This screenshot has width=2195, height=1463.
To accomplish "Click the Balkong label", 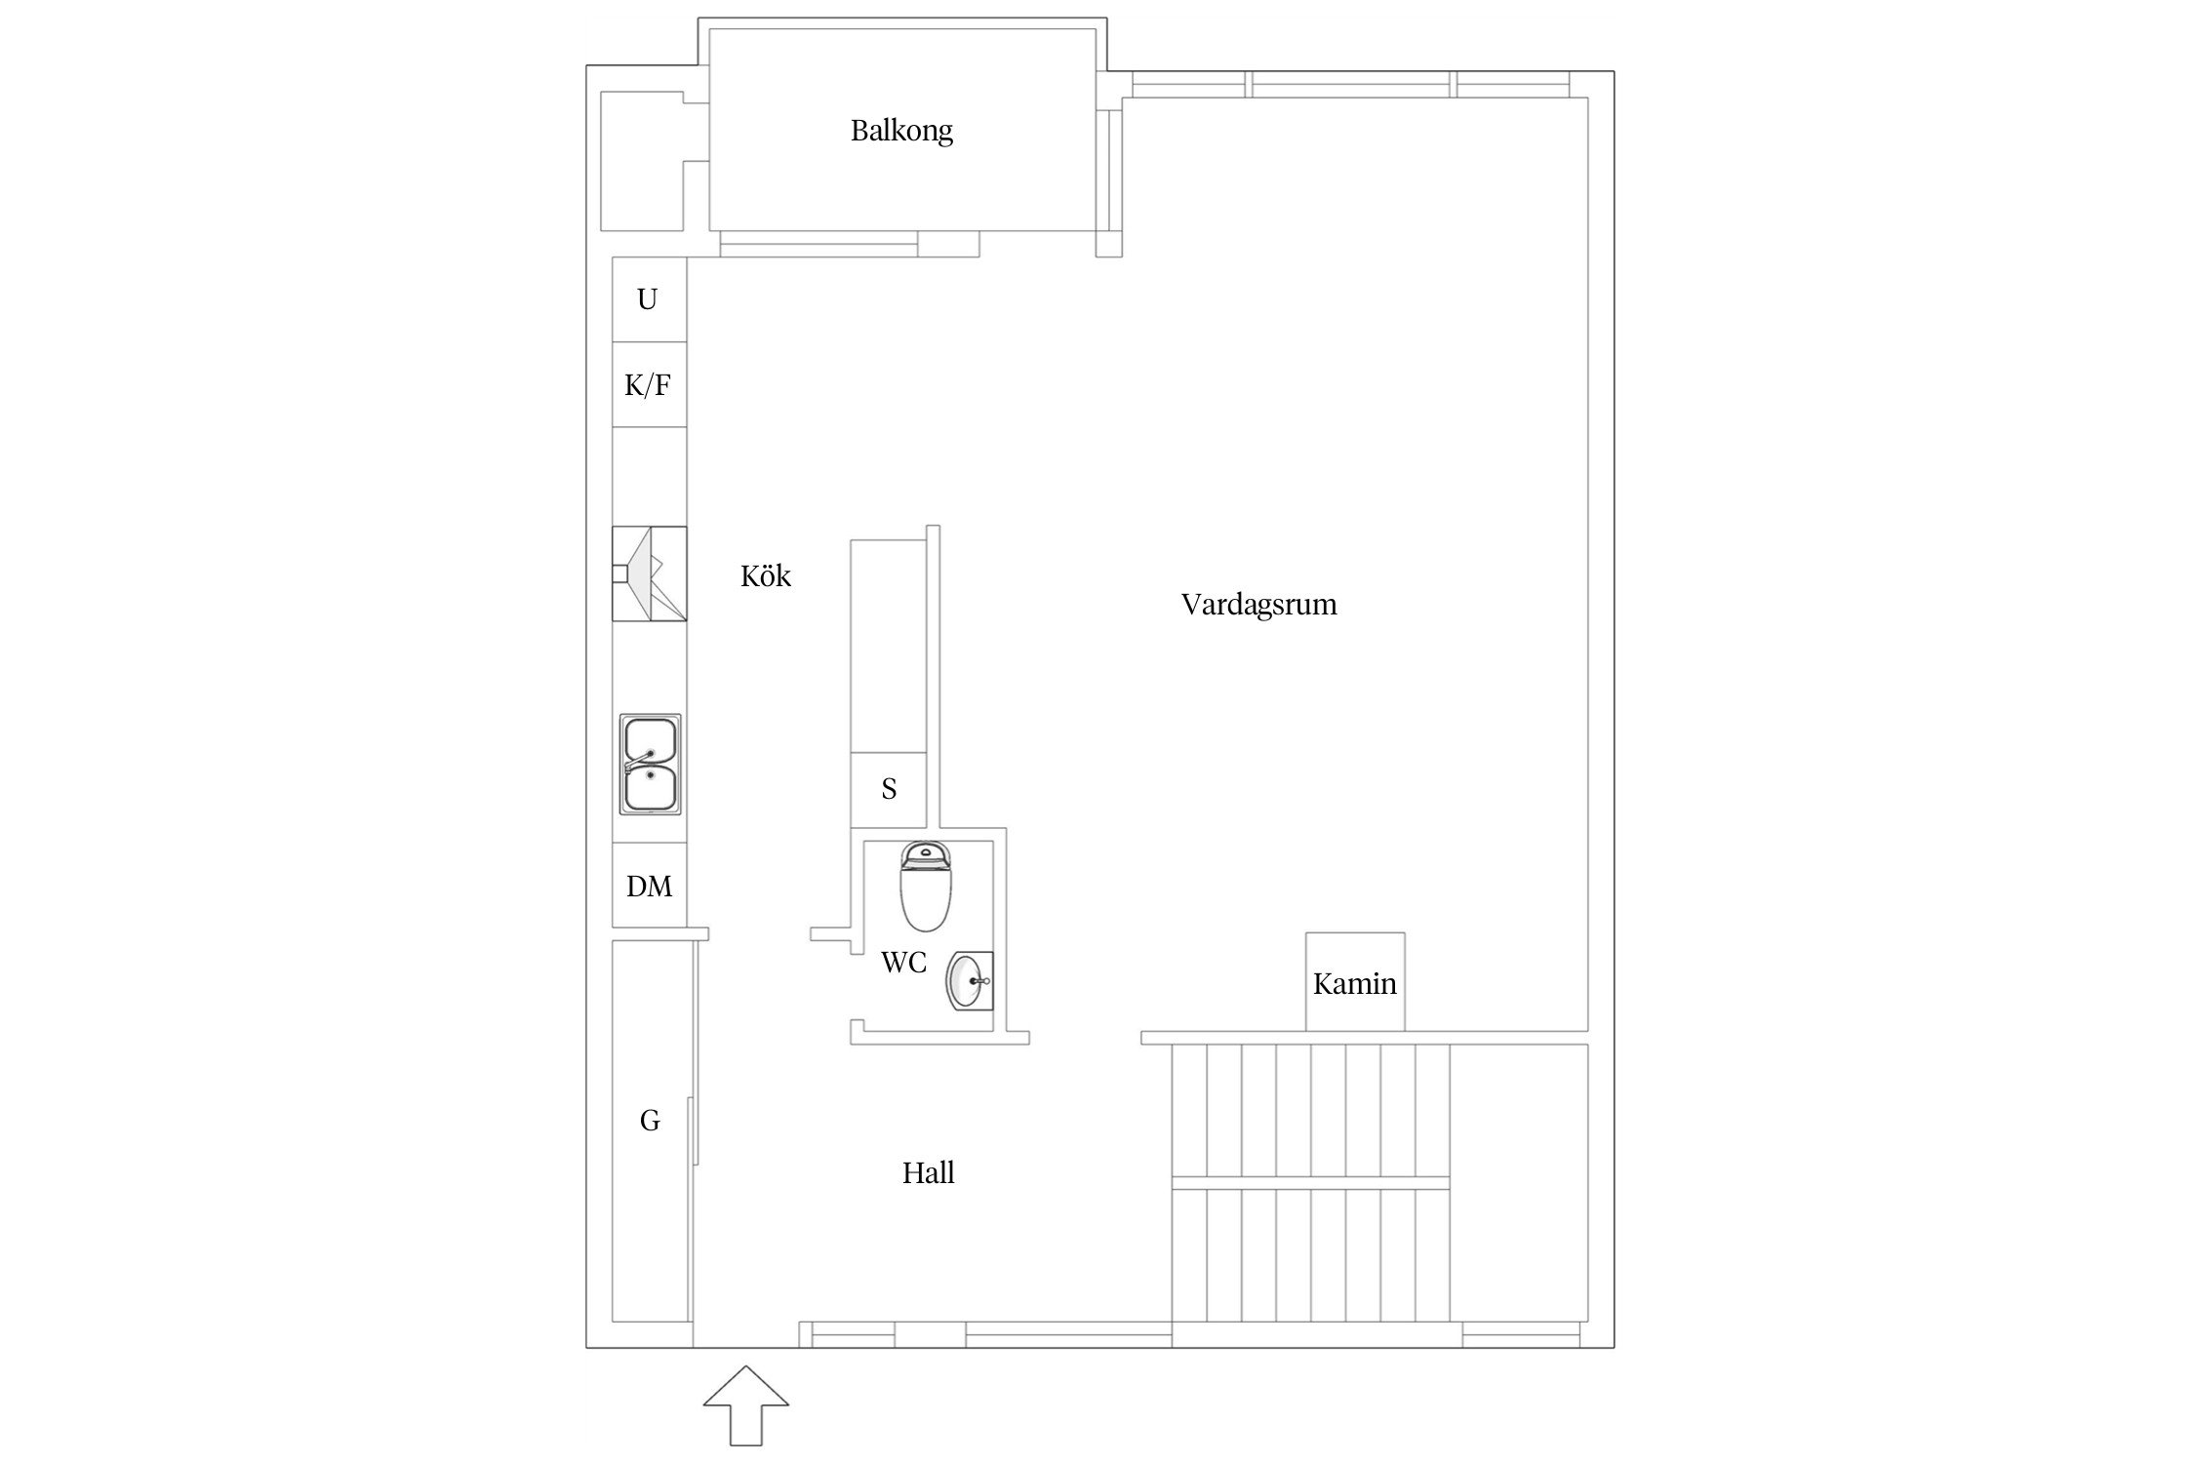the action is pyautogui.click(x=901, y=131).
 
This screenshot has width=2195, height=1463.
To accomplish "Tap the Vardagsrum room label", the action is pyautogui.click(x=1258, y=605).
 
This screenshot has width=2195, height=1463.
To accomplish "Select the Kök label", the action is pyautogui.click(x=766, y=575).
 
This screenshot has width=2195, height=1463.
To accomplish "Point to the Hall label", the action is pyautogui.click(x=928, y=1172).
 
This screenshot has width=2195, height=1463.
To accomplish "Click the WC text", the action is pyautogui.click(x=903, y=963).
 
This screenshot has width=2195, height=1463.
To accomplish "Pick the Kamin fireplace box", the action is pyautogui.click(x=1355, y=981).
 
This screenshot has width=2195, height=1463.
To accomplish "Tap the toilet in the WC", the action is pyautogui.click(x=925, y=887).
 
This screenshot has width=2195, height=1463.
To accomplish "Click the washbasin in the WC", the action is pyautogui.click(x=970, y=981).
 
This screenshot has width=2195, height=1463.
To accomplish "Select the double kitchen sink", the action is pyautogui.click(x=651, y=764).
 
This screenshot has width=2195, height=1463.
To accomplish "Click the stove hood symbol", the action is pyautogui.click(x=649, y=573).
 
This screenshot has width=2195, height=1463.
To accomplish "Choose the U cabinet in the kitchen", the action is pyautogui.click(x=649, y=299).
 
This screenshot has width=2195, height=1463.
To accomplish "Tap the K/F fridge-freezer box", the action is pyautogui.click(x=649, y=385).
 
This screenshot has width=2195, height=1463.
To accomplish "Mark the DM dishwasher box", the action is pyautogui.click(x=649, y=885).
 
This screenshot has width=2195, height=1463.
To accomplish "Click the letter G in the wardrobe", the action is pyautogui.click(x=650, y=1121).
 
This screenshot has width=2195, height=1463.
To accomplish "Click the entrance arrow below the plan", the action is pyautogui.click(x=746, y=1405).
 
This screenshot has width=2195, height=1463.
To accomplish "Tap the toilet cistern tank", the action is pyautogui.click(x=925, y=854).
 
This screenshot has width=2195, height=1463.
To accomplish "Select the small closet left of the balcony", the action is pyautogui.click(x=642, y=161).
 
